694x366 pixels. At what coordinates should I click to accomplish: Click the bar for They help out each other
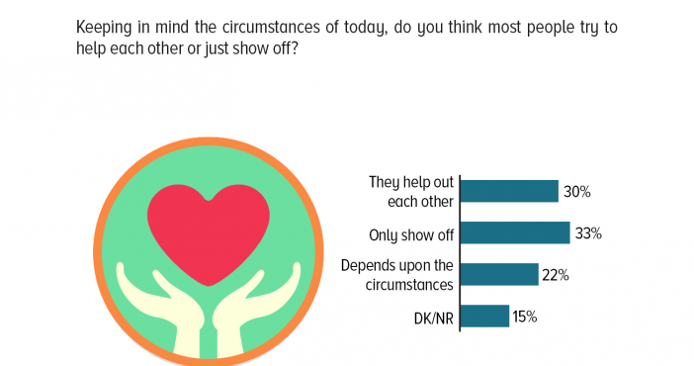[x=509, y=192]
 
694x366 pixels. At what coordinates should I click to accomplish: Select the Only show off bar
[x=516, y=232]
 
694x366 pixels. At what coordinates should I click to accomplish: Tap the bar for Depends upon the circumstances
[x=499, y=274]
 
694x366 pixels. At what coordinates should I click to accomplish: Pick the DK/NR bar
[x=485, y=316]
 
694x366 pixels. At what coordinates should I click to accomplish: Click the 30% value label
[x=576, y=192]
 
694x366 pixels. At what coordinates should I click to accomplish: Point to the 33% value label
[x=588, y=233]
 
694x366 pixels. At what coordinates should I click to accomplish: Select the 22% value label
[x=556, y=275]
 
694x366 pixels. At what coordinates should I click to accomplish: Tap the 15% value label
[x=525, y=317]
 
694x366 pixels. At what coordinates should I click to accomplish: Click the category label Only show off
[x=411, y=234]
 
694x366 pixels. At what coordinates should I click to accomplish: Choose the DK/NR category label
[x=434, y=319]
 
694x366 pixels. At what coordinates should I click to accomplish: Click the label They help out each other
[x=411, y=192]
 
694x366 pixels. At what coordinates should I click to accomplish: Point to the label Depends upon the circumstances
[x=397, y=275]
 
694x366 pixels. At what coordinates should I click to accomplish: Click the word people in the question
[x=547, y=28]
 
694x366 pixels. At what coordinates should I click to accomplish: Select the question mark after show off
[x=294, y=47]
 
